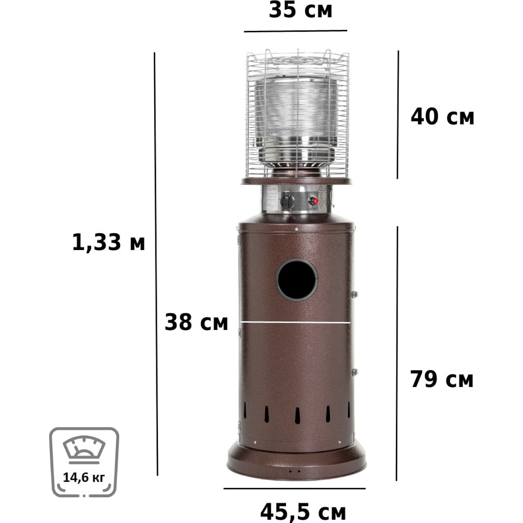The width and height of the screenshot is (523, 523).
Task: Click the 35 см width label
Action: click(x=301, y=10)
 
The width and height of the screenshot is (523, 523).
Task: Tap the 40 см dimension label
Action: click(x=442, y=117)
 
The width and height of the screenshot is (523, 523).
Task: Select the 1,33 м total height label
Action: click(x=109, y=243)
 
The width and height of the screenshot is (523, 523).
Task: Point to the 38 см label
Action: click(x=196, y=322)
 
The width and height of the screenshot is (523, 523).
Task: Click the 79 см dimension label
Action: click(x=441, y=379)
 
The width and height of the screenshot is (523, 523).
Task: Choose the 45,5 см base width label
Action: click(x=303, y=512)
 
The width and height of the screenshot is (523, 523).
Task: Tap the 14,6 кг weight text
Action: click(x=84, y=477)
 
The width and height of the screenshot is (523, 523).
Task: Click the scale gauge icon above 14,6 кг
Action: click(x=84, y=449)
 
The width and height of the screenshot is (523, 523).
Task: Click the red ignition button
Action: click(x=313, y=201)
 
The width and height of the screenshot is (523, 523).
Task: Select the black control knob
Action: click(x=287, y=201)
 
